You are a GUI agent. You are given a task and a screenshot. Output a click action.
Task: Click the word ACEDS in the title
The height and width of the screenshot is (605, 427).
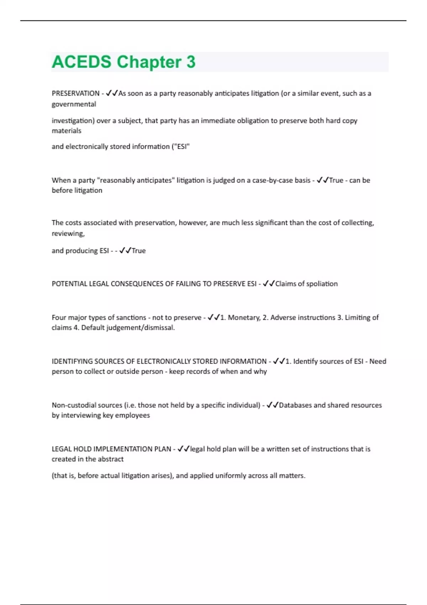coord(81,62)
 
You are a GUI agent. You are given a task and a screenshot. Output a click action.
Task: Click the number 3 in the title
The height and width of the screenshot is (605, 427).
coord(191,62)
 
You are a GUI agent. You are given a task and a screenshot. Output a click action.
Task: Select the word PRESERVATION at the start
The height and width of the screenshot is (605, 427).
coord(75,93)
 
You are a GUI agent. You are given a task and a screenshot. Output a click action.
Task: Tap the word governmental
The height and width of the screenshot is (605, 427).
coord(74,104)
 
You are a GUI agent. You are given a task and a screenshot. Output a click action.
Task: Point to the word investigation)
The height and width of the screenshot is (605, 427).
coord(73,121)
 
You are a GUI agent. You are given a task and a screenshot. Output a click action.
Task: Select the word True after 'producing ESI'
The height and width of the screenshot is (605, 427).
coord(138,251)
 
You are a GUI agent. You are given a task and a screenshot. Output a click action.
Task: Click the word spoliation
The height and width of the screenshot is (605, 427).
coord(322,284)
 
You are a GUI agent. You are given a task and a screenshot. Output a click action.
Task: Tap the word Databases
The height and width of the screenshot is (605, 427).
coord(295,405)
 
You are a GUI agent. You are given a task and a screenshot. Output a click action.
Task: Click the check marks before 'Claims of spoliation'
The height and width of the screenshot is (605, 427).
coord(269,284)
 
